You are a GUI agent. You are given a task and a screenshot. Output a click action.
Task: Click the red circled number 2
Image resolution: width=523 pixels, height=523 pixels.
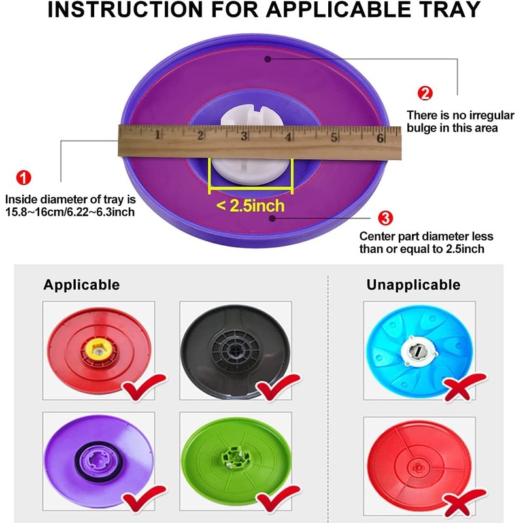click(x=426, y=93)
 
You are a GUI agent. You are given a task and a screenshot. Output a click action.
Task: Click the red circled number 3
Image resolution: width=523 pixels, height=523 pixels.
click(x=386, y=218)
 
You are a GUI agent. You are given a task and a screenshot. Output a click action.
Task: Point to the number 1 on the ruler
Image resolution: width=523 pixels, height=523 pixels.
click(x=158, y=135)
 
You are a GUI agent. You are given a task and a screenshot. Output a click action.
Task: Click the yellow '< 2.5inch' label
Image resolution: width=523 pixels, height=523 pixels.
click(x=251, y=206)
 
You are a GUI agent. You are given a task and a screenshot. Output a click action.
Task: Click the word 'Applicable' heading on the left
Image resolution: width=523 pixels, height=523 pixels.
click(x=82, y=284)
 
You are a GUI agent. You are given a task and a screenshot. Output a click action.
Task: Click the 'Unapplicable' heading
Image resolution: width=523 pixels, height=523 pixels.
click(x=413, y=285)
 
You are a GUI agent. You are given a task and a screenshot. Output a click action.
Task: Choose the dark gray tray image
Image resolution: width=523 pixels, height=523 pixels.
click(x=235, y=350)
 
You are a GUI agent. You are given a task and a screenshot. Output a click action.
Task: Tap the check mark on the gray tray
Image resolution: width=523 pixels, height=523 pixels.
click(x=275, y=390)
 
